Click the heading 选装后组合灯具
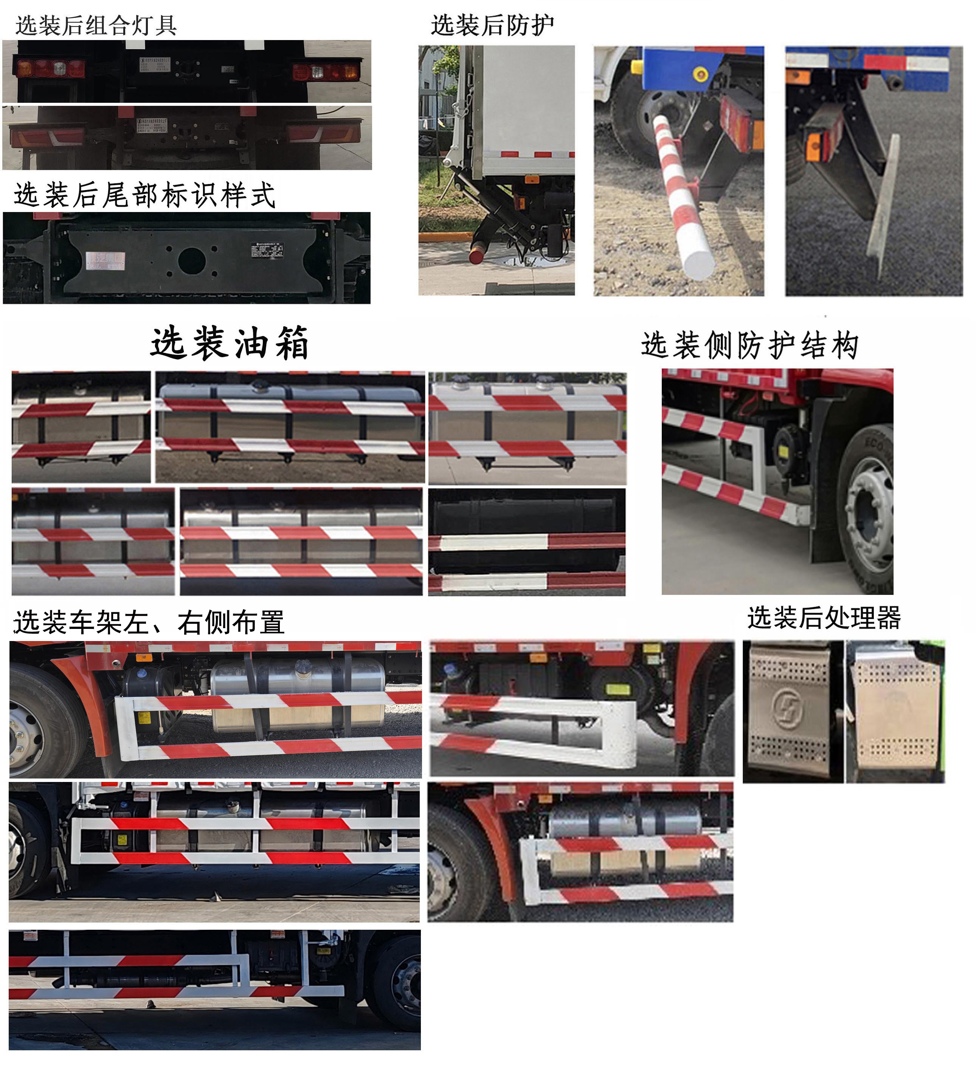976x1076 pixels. coord(96,25)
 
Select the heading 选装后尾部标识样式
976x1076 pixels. coord(144,195)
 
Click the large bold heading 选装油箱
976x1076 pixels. coord(230,343)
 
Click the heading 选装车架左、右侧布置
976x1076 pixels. coord(149,622)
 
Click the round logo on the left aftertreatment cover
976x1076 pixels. coord(788,709)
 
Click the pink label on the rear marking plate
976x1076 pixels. coord(105,260)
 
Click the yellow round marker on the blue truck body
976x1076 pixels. coord(700,74)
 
